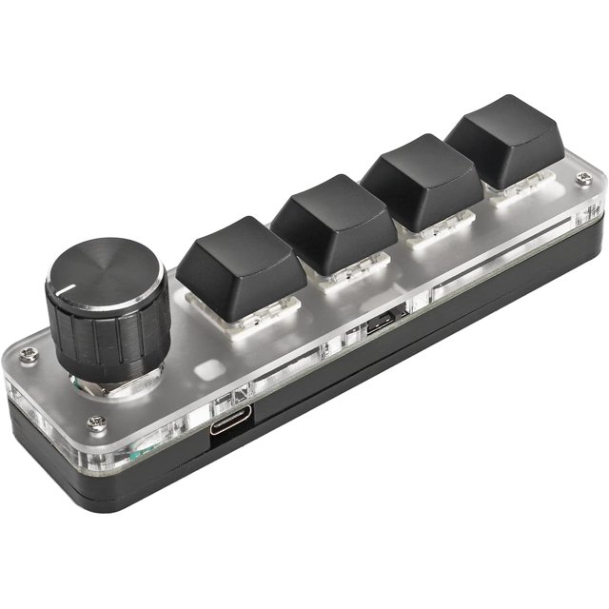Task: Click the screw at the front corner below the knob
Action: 95,422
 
